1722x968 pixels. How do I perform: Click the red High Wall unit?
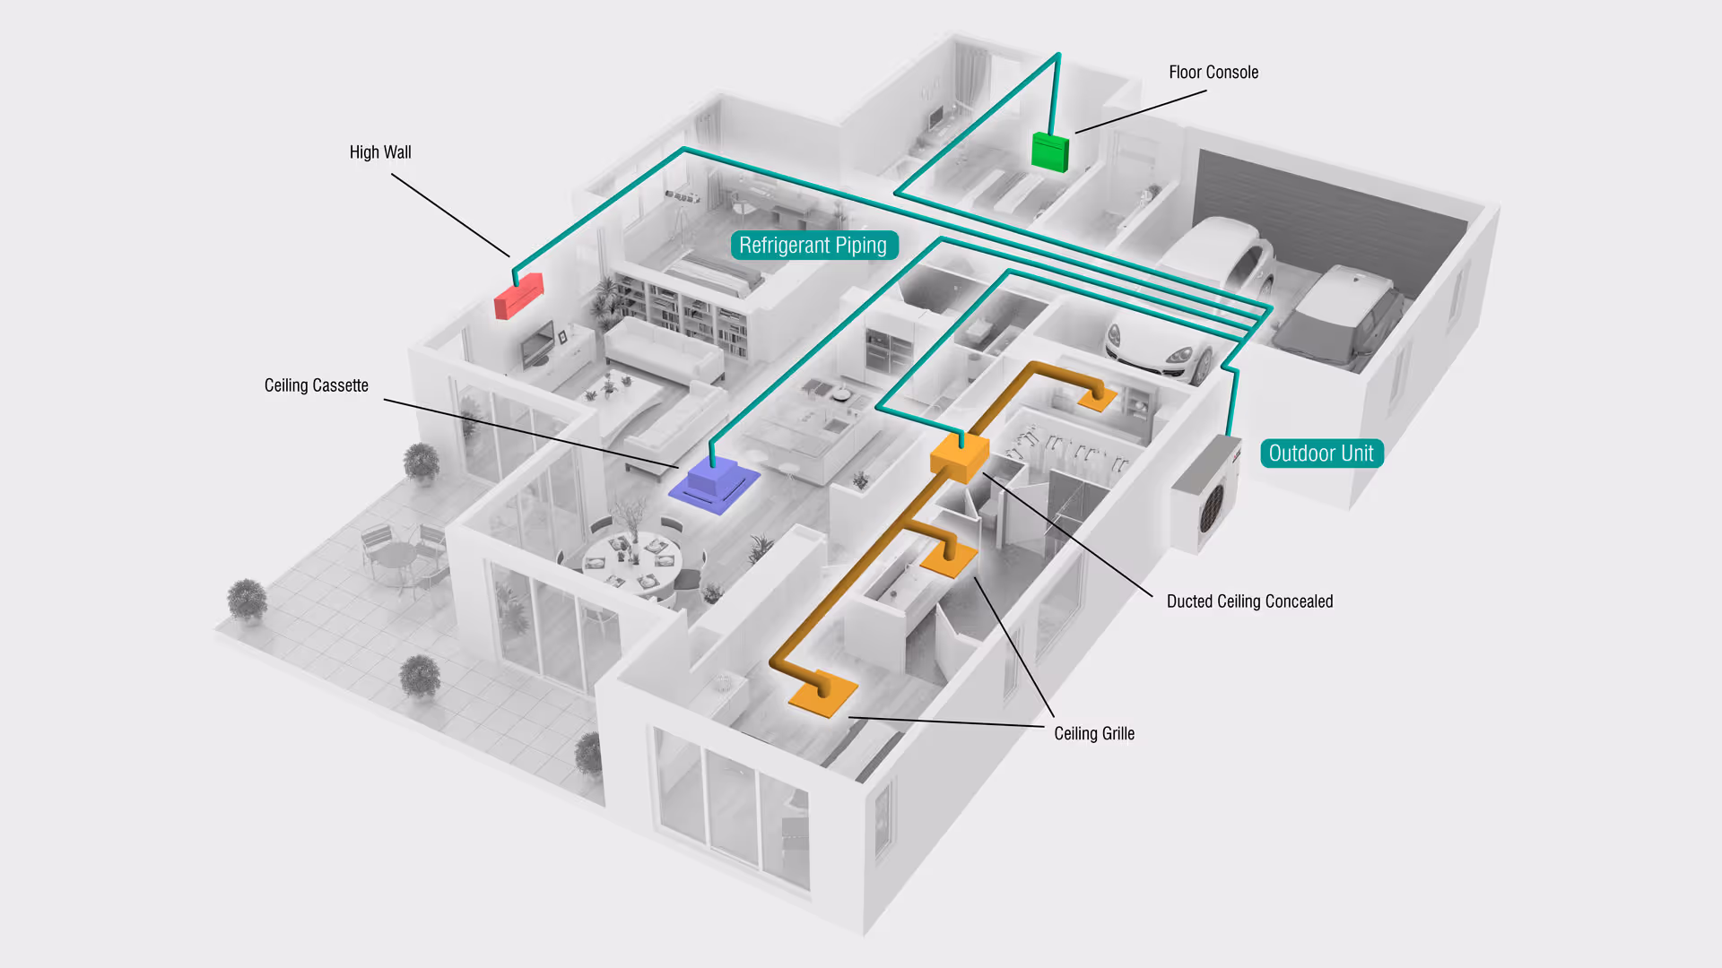[518, 297]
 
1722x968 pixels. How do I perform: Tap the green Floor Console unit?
[1049, 151]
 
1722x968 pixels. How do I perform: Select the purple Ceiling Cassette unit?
[714, 484]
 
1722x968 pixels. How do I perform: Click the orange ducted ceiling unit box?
[959, 456]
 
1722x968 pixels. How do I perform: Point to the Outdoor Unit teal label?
[1321, 454]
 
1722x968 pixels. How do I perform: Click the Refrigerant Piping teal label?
[813, 246]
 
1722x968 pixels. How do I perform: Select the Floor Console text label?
[1213, 73]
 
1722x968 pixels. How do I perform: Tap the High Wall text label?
[380, 152]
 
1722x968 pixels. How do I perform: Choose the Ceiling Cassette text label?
[316, 385]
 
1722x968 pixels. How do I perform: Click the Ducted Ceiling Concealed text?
[1249, 601]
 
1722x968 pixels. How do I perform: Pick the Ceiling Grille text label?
[1093, 734]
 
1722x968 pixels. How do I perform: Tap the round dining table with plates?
[632, 560]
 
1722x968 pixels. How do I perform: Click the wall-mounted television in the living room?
[537, 344]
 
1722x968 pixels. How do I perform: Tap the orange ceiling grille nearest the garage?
[1097, 397]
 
